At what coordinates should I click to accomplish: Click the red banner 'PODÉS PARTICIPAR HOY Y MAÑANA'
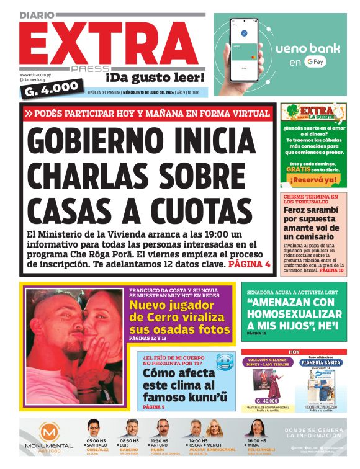click(x=147, y=114)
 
